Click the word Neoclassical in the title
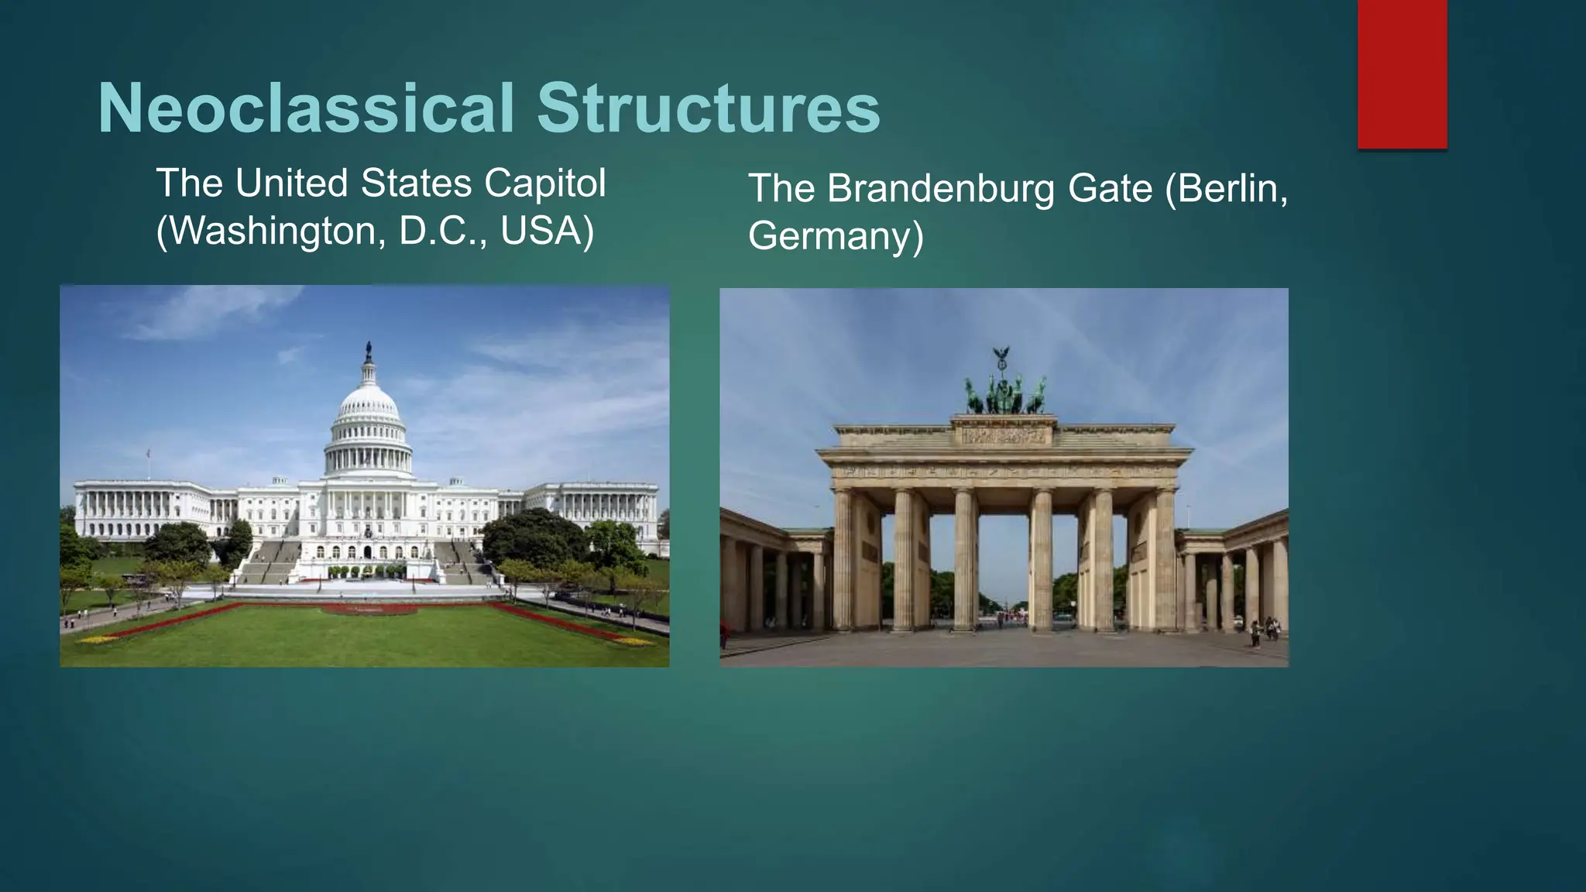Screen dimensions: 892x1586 pyautogui.click(x=307, y=108)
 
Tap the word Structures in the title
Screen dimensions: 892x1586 pyautogui.click(x=708, y=108)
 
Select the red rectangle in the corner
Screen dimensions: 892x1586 pyautogui.click(x=1402, y=74)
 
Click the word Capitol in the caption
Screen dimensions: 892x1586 pyautogui.click(x=545, y=184)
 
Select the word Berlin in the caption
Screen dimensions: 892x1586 pyautogui.click(x=1227, y=188)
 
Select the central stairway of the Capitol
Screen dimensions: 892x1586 pyautogui.click(x=367, y=571)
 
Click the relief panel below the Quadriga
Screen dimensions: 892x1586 pyautogui.click(x=1004, y=437)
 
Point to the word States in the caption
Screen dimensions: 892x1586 pyautogui.click(x=417, y=184)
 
